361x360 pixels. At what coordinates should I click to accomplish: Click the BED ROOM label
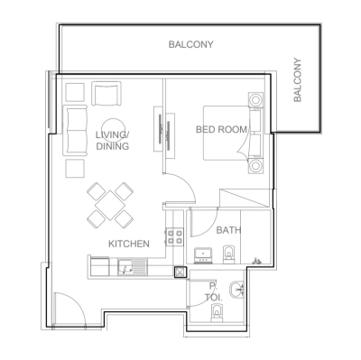[221, 130]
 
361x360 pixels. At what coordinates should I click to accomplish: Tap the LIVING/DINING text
[112, 141]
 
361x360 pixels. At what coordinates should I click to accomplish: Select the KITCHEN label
[128, 244]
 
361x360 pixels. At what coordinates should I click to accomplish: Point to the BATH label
[227, 230]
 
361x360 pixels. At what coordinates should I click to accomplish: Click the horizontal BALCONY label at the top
[190, 43]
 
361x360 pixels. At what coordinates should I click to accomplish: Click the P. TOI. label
[214, 291]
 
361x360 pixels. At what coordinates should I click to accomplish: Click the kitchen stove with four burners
[172, 239]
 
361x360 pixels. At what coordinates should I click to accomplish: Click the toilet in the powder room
[215, 315]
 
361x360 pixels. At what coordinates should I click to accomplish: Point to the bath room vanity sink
[203, 255]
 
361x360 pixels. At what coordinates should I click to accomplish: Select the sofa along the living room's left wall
[76, 128]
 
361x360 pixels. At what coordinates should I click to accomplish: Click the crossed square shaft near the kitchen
[180, 272]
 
